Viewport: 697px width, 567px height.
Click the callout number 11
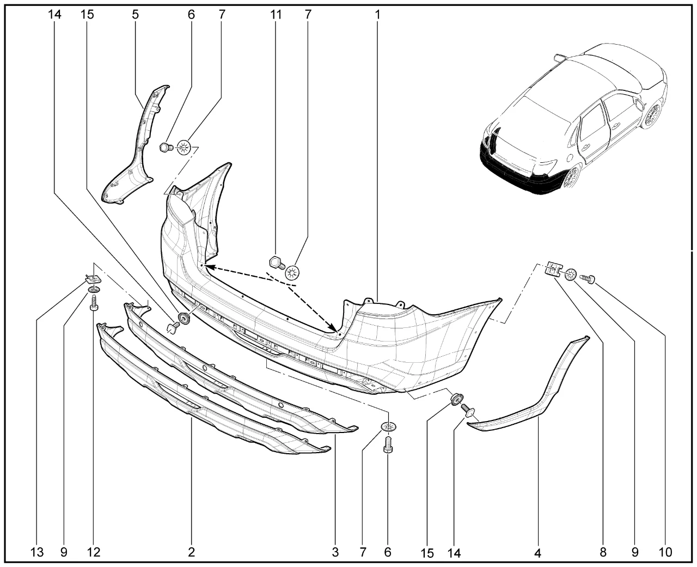pos(276,14)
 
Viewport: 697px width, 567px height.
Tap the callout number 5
pos(135,14)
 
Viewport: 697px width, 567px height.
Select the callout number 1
pos(377,14)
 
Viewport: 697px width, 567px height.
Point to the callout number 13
pos(36,552)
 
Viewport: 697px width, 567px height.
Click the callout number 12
pos(94,552)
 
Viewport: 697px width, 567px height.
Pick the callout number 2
pos(192,552)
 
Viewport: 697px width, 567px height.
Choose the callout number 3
pos(335,552)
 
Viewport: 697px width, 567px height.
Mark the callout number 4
pos(537,553)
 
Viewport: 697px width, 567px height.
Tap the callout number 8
pos(603,552)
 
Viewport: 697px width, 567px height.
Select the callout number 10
pos(665,552)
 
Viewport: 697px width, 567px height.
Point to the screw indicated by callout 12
pos(94,302)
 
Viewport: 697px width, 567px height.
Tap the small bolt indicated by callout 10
pos(587,279)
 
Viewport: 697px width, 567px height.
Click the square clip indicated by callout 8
pos(554,270)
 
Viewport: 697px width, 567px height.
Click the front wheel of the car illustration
pos(651,115)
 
